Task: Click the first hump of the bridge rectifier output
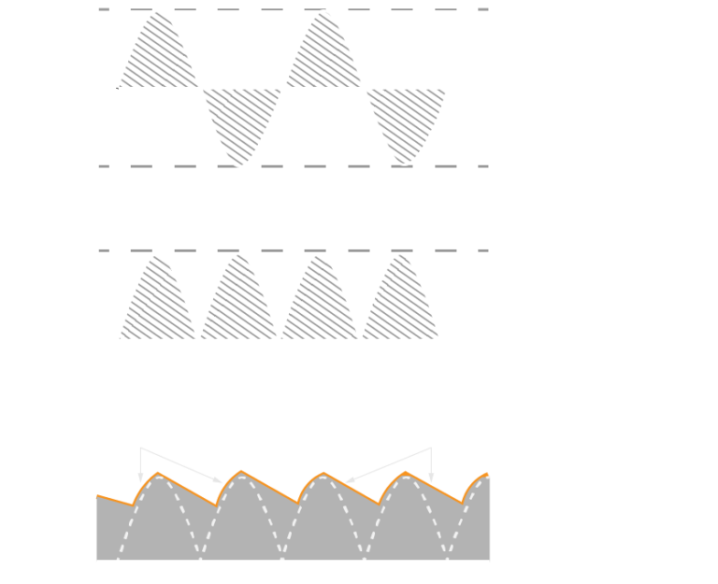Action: pyautogui.click(x=158, y=299)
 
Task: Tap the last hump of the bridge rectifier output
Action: pyautogui.click(x=400, y=299)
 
